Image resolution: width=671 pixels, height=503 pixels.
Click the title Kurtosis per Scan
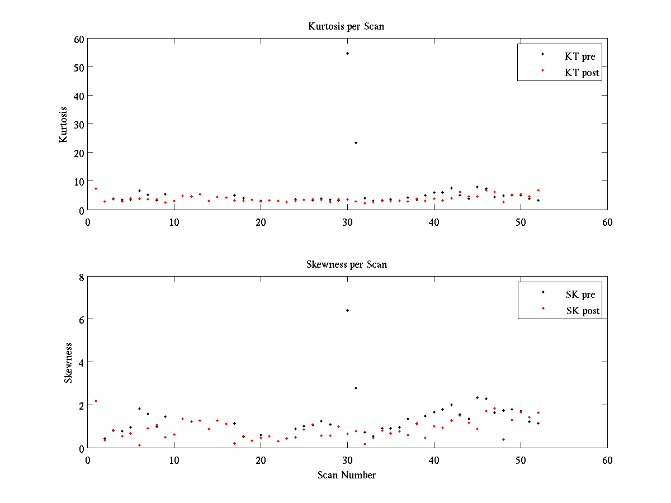pyautogui.click(x=346, y=26)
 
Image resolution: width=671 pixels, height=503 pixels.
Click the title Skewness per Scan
pyautogui.click(x=346, y=264)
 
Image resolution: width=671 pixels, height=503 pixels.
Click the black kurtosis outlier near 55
pyautogui.click(x=347, y=53)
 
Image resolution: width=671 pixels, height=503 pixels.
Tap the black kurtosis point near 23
pyautogui.click(x=356, y=143)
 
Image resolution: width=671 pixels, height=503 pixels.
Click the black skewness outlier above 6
pyautogui.click(x=347, y=310)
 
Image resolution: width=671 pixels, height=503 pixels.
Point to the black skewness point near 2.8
pyautogui.click(x=356, y=388)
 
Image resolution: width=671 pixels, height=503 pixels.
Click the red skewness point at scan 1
pyautogui.click(x=96, y=401)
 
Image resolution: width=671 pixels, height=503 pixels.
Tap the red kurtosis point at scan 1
pyautogui.click(x=96, y=188)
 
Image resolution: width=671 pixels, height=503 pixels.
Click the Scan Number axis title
pyautogui.click(x=347, y=475)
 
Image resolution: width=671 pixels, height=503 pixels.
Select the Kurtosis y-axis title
pyautogui.click(x=64, y=124)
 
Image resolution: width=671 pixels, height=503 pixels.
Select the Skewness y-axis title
pyautogui.click(x=68, y=363)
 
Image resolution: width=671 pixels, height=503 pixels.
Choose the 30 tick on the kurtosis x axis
pyautogui.click(x=347, y=222)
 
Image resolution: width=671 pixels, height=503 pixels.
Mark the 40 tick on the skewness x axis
pyautogui.click(x=434, y=460)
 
